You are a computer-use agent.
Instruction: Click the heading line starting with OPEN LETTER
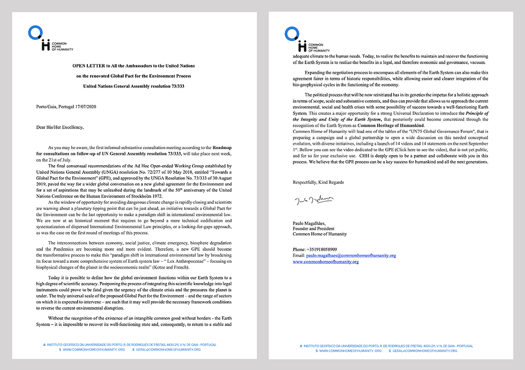134,65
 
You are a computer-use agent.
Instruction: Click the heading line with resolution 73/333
134,86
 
